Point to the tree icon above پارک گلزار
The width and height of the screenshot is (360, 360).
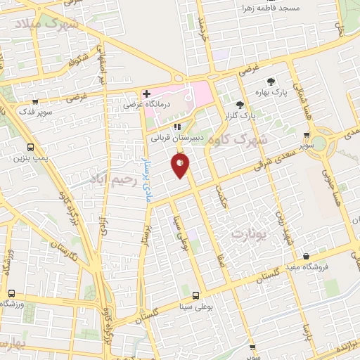[x=240, y=105]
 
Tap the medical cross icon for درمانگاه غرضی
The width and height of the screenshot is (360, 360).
[x=146, y=94]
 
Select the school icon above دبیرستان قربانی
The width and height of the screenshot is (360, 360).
[x=177, y=127]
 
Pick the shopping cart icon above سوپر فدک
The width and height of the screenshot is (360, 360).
[x=34, y=101]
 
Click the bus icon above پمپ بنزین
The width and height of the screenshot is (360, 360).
[x=30, y=147]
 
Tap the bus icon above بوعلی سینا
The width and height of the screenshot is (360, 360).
[x=195, y=295]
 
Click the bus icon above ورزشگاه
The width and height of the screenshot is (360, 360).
[x=11, y=293]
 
